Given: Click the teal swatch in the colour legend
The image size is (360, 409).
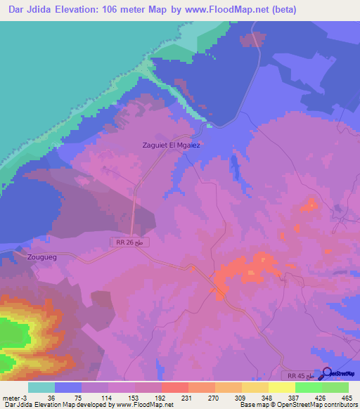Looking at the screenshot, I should click(41, 387).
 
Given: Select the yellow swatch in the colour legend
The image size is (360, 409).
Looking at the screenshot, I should click(282, 387).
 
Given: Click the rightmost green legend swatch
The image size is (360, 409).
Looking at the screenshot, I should click(336, 387).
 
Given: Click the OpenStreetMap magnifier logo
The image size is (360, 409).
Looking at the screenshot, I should click(326, 374).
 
